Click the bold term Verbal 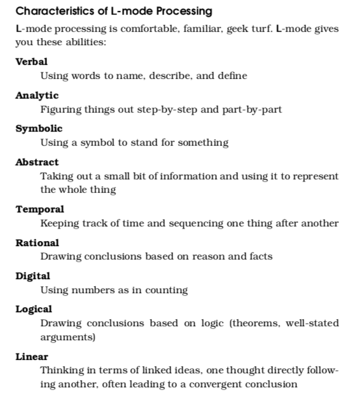31,62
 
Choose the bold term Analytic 37,95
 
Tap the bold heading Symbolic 39,128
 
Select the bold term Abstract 37,162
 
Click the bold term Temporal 39,209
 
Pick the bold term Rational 37,243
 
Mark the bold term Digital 32,276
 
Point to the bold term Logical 34,309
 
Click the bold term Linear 32,357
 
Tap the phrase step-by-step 169,109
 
